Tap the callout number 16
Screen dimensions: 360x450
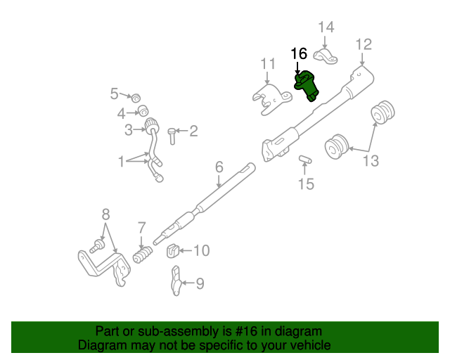[x=299, y=53]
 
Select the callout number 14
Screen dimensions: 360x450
[x=326, y=28]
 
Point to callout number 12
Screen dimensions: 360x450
[x=363, y=45]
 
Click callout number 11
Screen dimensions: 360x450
[x=268, y=65]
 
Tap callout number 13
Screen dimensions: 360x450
[x=370, y=162]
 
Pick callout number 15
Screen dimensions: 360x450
[x=306, y=185]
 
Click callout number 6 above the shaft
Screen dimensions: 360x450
[x=219, y=167]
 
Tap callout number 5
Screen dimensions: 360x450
[x=115, y=93]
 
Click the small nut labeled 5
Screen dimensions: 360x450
[x=138, y=96]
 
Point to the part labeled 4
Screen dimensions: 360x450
[x=142, y=110]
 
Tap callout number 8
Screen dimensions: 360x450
[x=106, y=214]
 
